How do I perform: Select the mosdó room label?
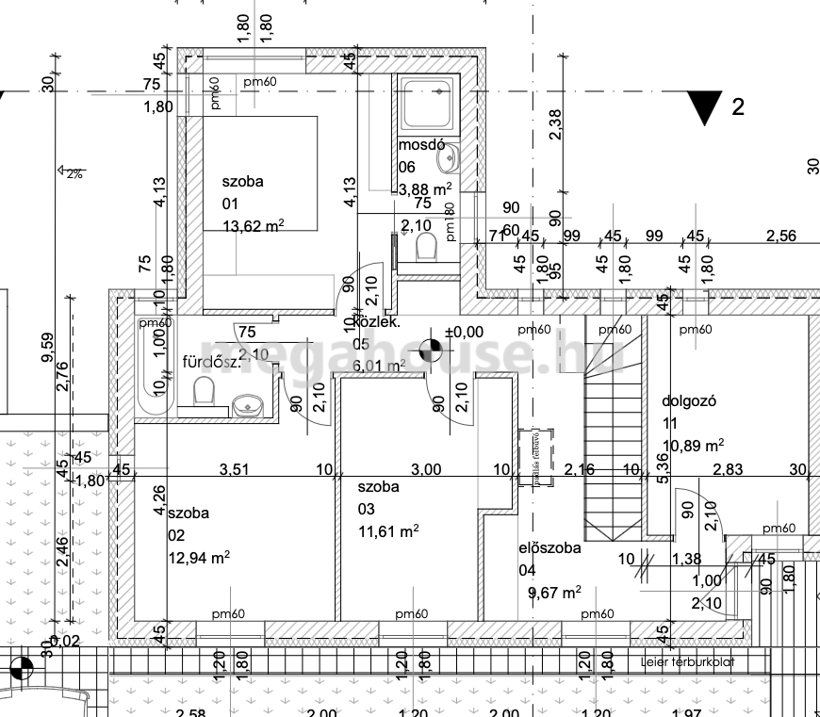(420, 146)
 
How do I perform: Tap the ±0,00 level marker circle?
(431, 350)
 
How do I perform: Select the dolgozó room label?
(690, 400)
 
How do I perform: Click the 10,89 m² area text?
(693, 444)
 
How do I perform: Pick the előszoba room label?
(549, 547)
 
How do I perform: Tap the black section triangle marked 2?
(703, 107)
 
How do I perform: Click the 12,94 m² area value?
(199, 558)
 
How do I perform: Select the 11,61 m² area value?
(387, 531)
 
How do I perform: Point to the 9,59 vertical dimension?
(48, 346)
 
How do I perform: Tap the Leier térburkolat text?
(688, 662)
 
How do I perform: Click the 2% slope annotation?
(72, 173)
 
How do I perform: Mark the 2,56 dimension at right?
(781, 236)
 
